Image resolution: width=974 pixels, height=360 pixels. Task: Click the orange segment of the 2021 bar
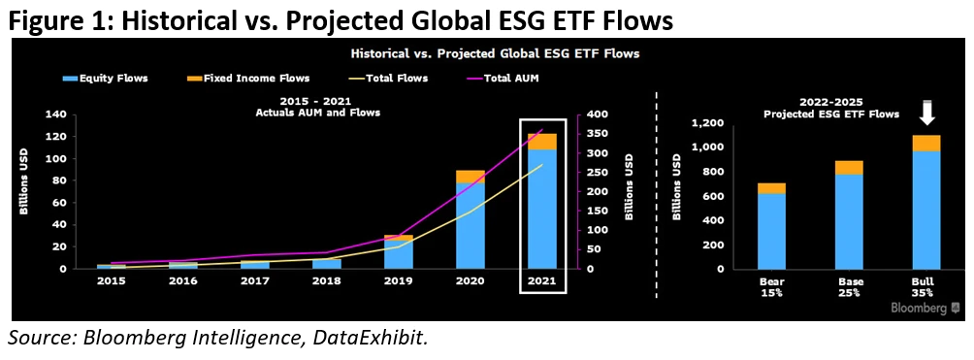(541, 142)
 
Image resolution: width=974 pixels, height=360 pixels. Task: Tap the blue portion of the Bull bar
(926, 211)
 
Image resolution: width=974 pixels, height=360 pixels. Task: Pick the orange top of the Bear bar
(770, 188)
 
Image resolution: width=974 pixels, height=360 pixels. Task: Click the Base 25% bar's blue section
(849, 221)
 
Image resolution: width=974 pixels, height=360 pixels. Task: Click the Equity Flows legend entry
(106, 78)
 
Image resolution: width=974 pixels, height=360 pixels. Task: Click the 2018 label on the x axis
(327, 281)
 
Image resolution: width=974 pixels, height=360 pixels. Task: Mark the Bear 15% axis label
(770, 288)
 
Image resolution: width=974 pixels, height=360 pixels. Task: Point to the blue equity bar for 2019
(398, 255)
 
